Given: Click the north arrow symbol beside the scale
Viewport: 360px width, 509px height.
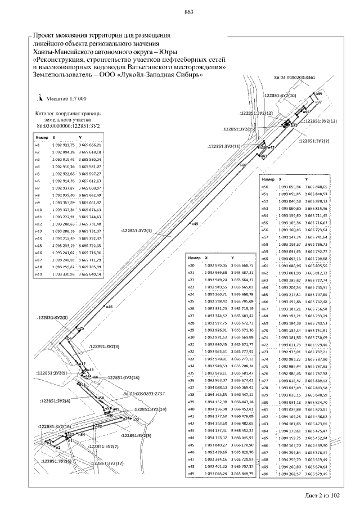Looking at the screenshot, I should coord(40,97).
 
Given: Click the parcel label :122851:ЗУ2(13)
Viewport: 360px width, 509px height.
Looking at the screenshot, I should coord(320,121).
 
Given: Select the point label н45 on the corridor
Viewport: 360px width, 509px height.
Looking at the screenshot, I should coord(195,224).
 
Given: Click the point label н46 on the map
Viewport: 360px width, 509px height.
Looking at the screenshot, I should coord(109,307).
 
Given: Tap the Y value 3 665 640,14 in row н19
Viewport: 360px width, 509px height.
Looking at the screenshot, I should coord(91,274).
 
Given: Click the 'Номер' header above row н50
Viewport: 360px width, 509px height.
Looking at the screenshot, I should coord(268,178).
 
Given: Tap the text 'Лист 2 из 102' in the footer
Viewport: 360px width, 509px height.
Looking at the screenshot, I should coord(322,496).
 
